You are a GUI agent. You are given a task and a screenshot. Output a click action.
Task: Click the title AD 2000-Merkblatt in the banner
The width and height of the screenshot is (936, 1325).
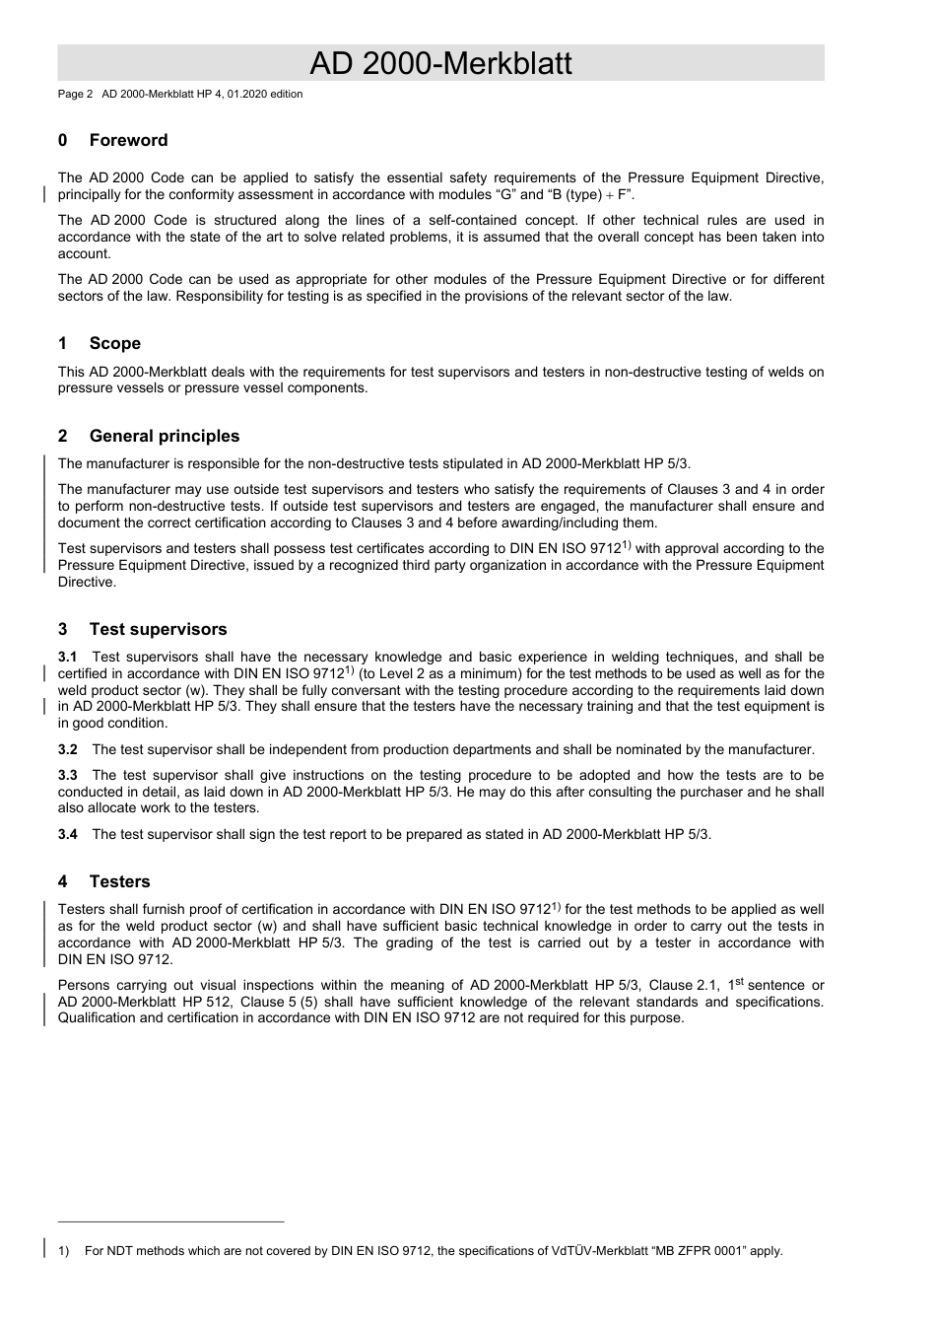coord(440,64)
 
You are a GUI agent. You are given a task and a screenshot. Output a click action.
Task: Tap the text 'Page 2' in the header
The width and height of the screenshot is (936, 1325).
coord(75,95)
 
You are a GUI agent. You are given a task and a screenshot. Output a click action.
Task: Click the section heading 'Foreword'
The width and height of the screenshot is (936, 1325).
coord(128,141)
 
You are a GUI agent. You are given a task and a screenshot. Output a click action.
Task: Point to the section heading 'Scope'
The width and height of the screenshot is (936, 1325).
coord(114,344)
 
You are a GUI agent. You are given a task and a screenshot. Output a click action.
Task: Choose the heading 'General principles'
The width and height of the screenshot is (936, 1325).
coord(164,437)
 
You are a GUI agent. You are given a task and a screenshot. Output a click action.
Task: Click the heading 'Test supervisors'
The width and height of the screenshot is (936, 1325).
coord(158,630)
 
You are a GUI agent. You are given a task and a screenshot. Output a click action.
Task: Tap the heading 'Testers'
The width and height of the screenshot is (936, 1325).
coord(119,882)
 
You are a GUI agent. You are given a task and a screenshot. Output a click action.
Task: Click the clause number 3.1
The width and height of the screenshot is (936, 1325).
coord(67,658)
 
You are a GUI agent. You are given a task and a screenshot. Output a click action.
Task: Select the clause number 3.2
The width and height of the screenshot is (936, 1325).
coord(67,750)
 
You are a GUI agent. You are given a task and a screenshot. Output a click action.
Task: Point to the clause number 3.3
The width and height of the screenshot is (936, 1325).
coord(67,776)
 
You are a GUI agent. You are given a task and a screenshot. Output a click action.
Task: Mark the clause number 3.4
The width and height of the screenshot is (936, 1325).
coord(67,835)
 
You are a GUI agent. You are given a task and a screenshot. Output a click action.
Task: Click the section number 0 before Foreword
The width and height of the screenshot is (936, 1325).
coord(63,141)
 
